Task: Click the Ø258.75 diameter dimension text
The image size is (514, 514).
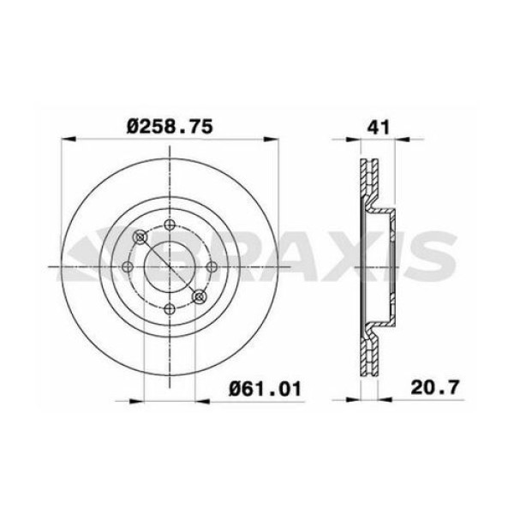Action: tap(170, 127)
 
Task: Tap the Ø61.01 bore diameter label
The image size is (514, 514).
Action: tap(265, 389)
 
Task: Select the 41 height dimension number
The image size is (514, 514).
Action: tap(379, 127)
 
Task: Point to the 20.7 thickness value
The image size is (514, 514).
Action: tap(436, 387)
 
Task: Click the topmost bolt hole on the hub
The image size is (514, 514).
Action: tap(170, 224)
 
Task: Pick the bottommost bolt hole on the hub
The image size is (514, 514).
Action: tap(170, 308)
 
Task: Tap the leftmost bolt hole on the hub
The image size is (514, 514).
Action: tap(128, 266)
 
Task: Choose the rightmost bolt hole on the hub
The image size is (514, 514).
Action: tap(212, 266)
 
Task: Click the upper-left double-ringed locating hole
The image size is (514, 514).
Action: tap(140, 237)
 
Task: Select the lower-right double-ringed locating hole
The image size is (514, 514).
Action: tap(199, 296)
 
